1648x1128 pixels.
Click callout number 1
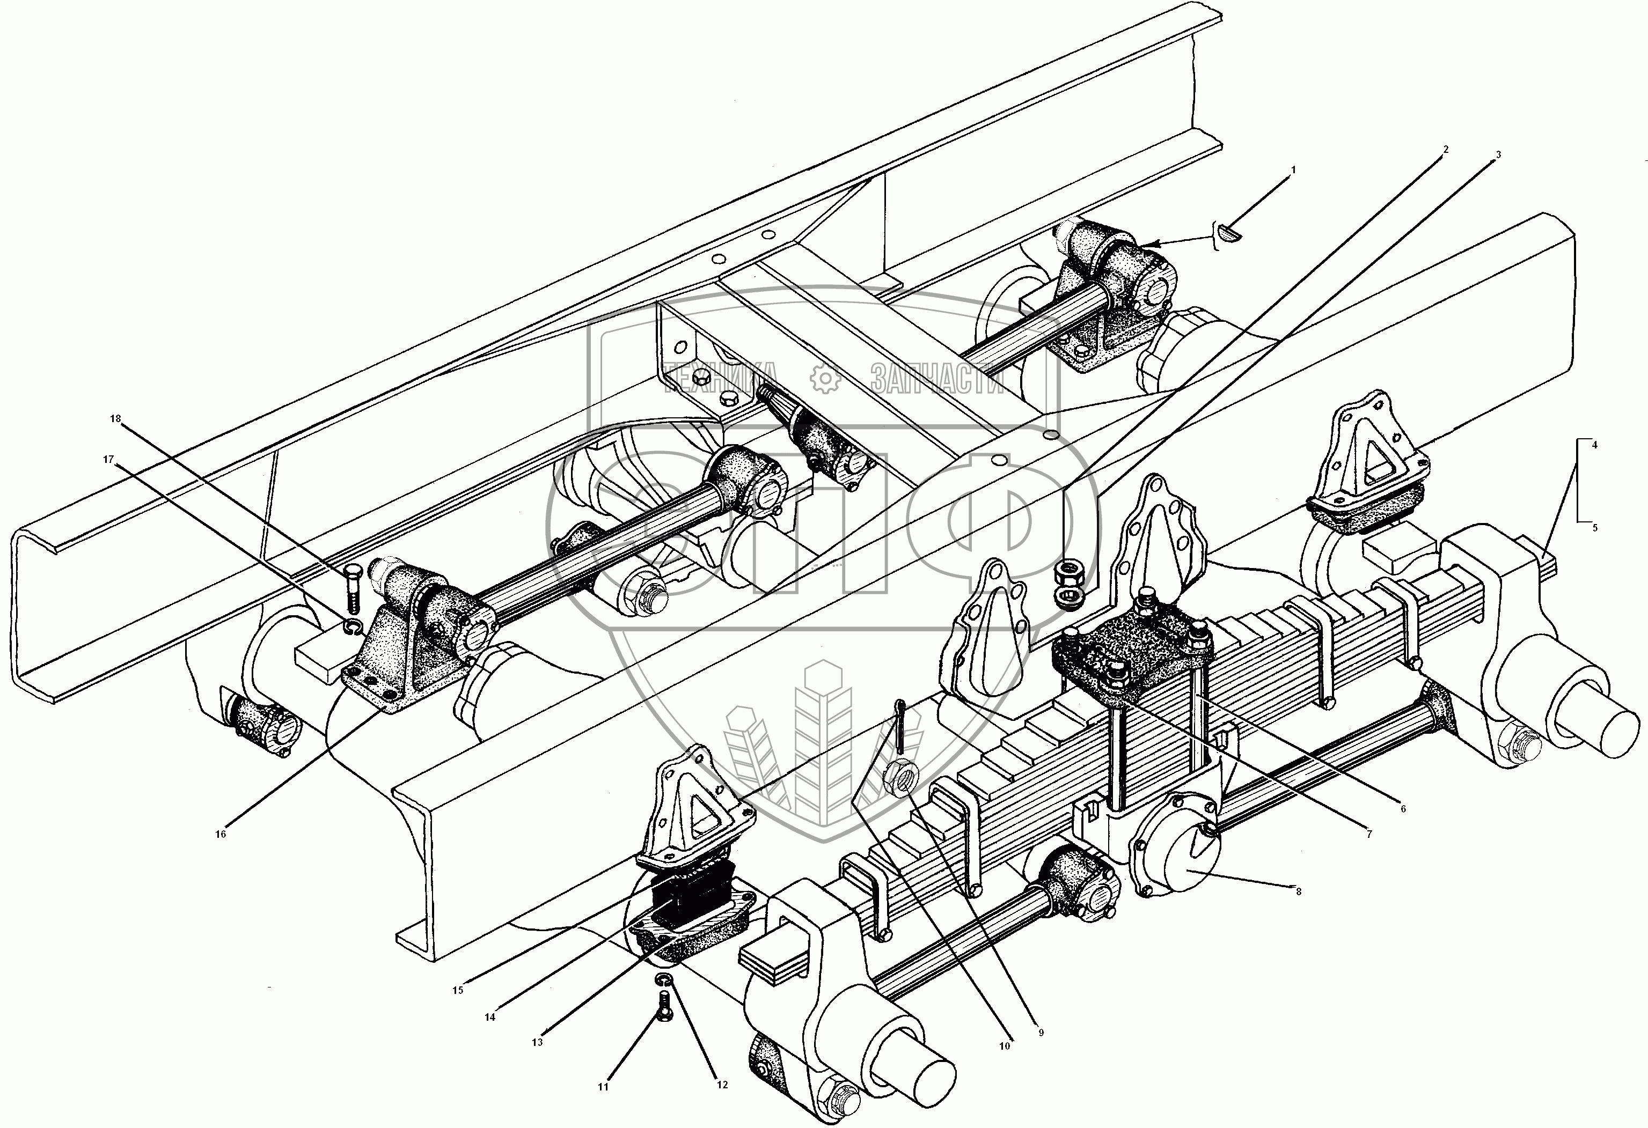point(1293,170)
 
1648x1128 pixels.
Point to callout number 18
point(115,418)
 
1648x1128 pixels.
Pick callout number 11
point(603,1105)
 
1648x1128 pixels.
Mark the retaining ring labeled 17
point(353,626)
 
